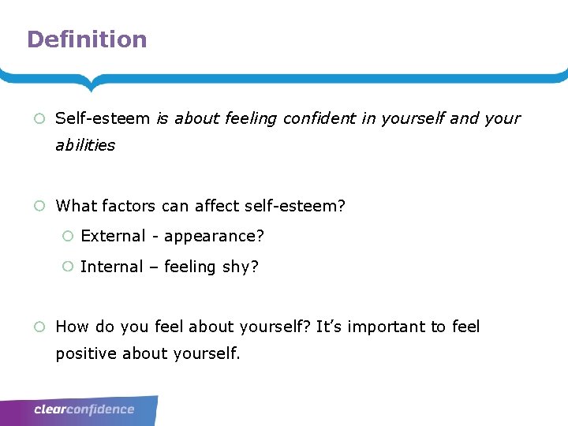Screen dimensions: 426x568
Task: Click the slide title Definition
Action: point(87,39)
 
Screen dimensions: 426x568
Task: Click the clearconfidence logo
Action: point(84,409)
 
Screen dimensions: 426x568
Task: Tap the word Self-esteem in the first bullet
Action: point(103,118)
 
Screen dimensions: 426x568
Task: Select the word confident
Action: point(319,118)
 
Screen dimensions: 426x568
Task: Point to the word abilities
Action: point(85,145)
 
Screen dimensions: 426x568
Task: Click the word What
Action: point(75,206)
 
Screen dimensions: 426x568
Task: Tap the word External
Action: point(114,236)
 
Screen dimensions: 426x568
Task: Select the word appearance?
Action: point(214,236)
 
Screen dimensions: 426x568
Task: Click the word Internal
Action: point(112,267)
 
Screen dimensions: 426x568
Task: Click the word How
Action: point(72,327)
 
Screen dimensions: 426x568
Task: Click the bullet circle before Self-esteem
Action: point(39,119)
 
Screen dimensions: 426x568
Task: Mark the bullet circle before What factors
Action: point(39,207)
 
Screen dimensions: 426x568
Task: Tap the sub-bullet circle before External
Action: point(68,237)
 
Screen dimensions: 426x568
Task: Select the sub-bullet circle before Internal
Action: point(68,267)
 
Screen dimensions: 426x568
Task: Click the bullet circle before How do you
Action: point(39,327)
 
